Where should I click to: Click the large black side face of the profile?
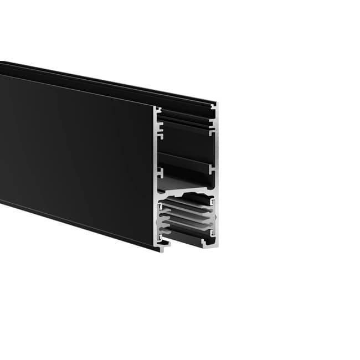point(78,155)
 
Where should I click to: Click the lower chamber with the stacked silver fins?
point(186,219)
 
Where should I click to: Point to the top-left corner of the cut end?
point(156,106)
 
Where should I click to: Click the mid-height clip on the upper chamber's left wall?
point(160,170)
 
